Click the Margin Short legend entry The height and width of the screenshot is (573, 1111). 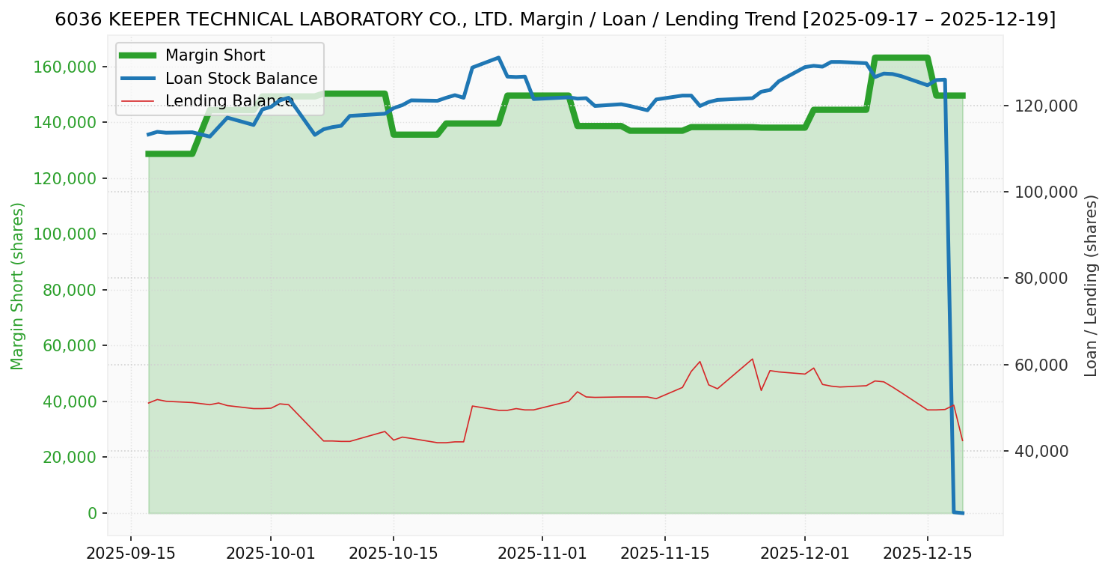(x=215, y=55)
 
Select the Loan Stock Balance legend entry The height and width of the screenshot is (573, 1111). (x=241, y=79)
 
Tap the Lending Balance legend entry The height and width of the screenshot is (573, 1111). (x=228, y=101)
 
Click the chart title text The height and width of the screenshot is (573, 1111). (x=555, y=19)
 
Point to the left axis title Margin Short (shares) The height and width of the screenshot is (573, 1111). (x=17, y=286)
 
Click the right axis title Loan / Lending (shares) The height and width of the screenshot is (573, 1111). (x=1092, y=286)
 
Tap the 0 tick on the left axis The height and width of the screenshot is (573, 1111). (x=92, y=513)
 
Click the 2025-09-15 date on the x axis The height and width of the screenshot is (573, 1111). (x=131, y=554)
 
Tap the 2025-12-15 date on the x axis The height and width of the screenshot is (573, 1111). (x=927, y=554)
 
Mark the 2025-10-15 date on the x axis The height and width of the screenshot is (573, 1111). (x=394, y=554)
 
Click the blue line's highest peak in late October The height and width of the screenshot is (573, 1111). (x=498, y=58)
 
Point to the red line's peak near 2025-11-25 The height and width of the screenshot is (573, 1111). (x=752, y=359)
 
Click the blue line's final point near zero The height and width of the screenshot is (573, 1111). (x=962, y=513)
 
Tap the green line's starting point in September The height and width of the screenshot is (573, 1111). (x=148, y=154)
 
